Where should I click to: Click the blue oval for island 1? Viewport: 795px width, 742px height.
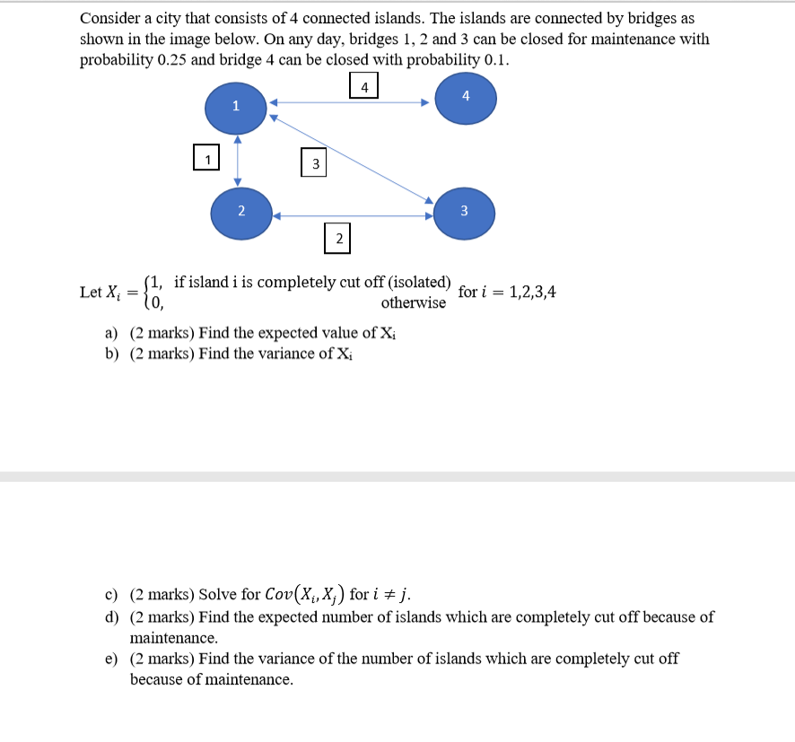235,107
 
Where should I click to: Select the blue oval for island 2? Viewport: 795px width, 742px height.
241,213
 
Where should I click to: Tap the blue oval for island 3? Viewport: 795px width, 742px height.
464,212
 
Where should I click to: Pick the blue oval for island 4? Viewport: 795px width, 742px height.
465,97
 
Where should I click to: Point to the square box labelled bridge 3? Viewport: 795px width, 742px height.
315,163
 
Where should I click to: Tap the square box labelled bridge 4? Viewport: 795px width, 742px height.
363,86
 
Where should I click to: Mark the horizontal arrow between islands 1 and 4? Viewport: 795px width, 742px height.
350,101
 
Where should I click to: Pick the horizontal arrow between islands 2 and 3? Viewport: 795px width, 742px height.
353,215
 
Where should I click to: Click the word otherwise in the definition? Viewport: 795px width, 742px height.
413,303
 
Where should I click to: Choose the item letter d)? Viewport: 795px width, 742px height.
112,617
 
